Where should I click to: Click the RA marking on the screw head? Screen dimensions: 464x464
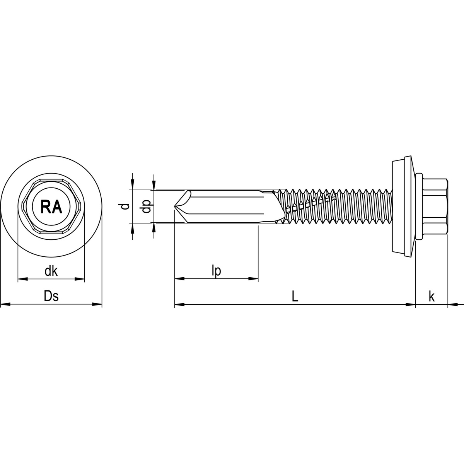tap(51, 207)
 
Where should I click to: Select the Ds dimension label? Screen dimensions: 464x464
tap(51, 297)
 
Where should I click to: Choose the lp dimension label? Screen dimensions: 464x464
tap(216, 271)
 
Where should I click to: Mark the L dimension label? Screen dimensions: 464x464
tap(295, 297)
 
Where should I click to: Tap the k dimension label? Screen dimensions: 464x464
tap(432, 297)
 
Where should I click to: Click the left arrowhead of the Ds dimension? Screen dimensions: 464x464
tap(5, 305)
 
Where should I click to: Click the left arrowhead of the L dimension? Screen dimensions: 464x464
tap(179, 305)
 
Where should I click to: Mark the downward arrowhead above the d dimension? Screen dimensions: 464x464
tap(133, 185)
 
